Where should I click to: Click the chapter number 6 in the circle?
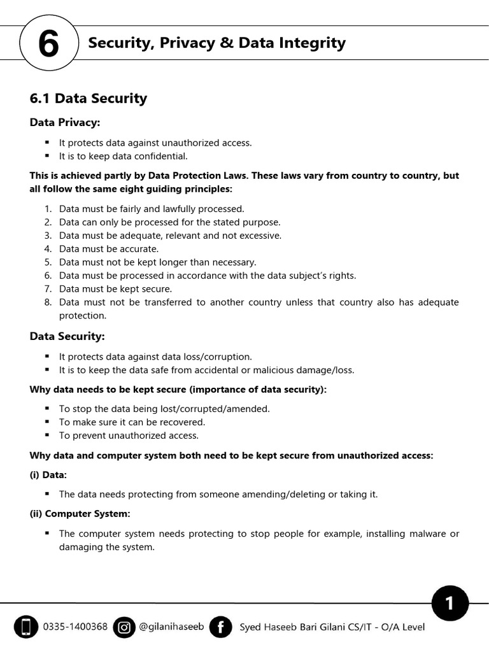click(48, 45)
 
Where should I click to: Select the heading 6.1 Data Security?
click(89, 98)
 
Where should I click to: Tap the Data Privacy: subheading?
click(65, 122)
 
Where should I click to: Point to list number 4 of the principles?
click(48, 249)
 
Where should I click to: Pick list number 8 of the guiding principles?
click(48, 302)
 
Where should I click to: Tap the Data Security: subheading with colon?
click(67, 336)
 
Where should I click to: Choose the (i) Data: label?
click(48, 475)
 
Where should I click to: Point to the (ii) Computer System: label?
click(80, 514)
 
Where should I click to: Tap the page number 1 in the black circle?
click(450, 603)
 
